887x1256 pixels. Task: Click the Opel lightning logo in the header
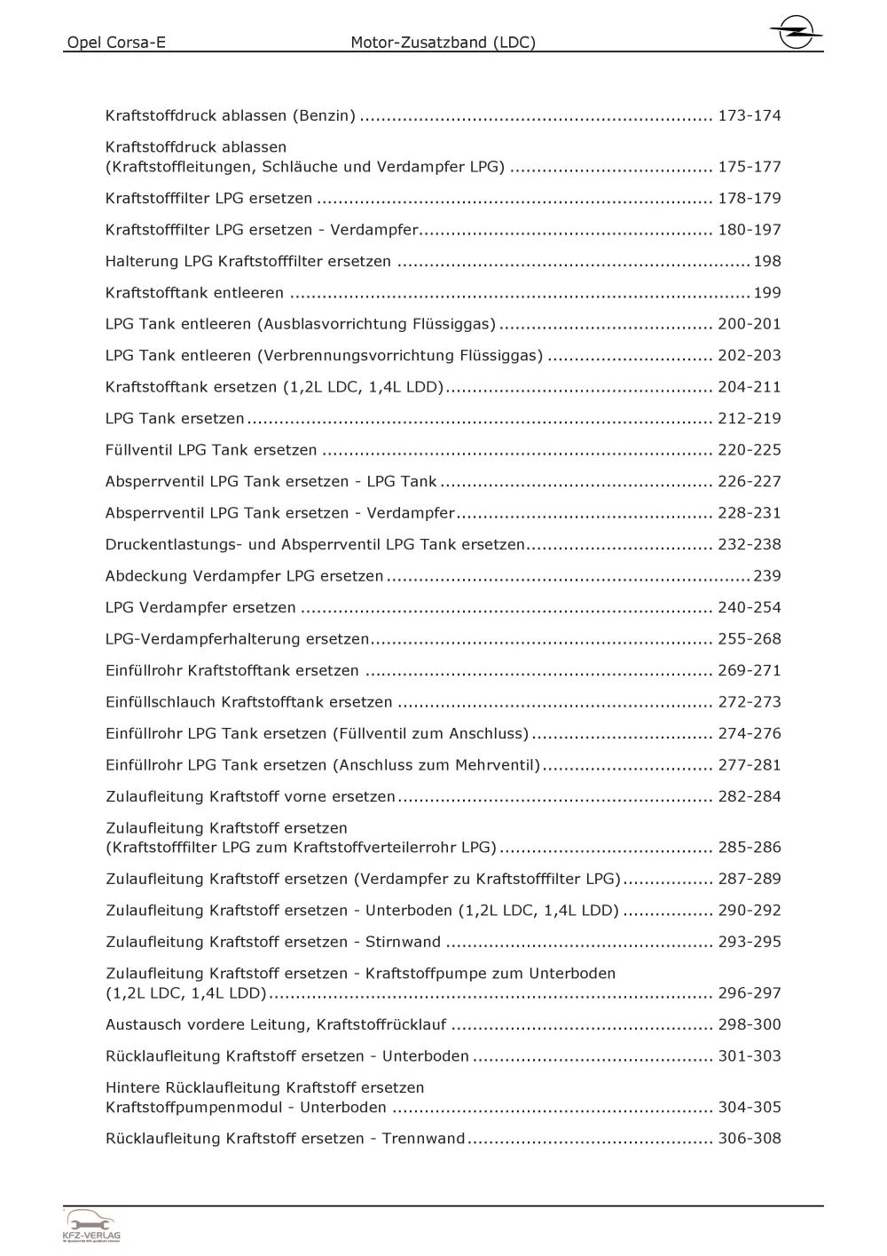tap(795, 35)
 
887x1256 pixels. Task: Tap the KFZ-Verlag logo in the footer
tap(91, 1227)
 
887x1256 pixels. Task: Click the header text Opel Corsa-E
tap(116, 43)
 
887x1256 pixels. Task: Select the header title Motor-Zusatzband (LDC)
tap(443, 43)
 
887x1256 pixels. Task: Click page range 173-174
tap(750, 115)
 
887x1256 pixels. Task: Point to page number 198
tap(766, 261)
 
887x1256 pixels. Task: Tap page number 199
tap(766, 293)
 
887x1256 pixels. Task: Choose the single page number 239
tap(766, 576)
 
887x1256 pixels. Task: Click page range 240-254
tap(750, 608)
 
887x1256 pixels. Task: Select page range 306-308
tap(750, 1139)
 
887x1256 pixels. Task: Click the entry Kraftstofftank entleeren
tap(194, 293)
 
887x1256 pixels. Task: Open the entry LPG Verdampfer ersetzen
tap(200, 608)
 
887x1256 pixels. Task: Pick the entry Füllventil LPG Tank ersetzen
tap(211, 450)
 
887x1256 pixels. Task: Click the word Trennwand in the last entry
tap(423, 1139)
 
